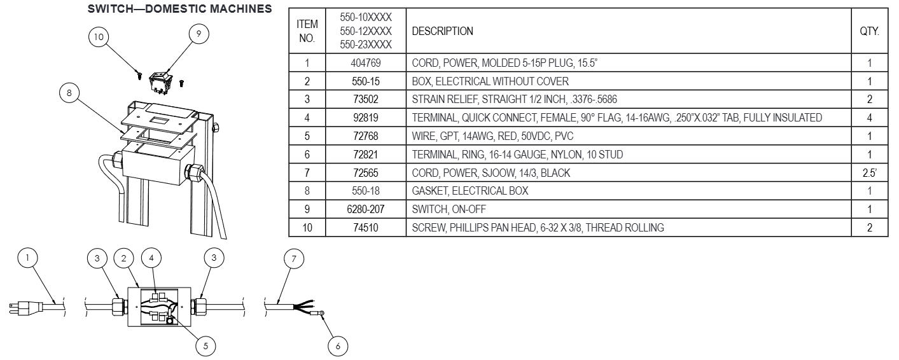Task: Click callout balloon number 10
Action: pos(98,37)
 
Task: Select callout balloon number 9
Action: pos(199,34)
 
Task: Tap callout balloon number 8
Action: pos(69,93)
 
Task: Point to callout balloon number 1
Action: pos(27,258)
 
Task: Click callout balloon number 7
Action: pos(293,258)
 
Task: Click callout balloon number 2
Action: pos(123,258)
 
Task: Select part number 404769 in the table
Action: pos(365,63)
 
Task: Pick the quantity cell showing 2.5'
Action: pos(870,172)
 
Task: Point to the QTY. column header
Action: pos(870,31)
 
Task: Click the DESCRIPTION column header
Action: pos(443,31)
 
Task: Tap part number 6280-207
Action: pos(365,209)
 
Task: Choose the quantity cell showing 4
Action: pos(870,118)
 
